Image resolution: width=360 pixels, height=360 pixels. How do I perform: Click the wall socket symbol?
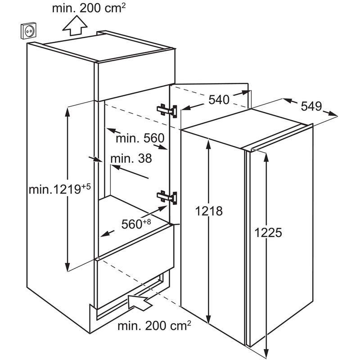(29, 31)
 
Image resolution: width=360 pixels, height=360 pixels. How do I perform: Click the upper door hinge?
(167, 110)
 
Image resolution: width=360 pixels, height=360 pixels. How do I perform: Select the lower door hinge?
(167, 197)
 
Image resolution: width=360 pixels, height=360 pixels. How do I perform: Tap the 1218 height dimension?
(209, 211)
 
